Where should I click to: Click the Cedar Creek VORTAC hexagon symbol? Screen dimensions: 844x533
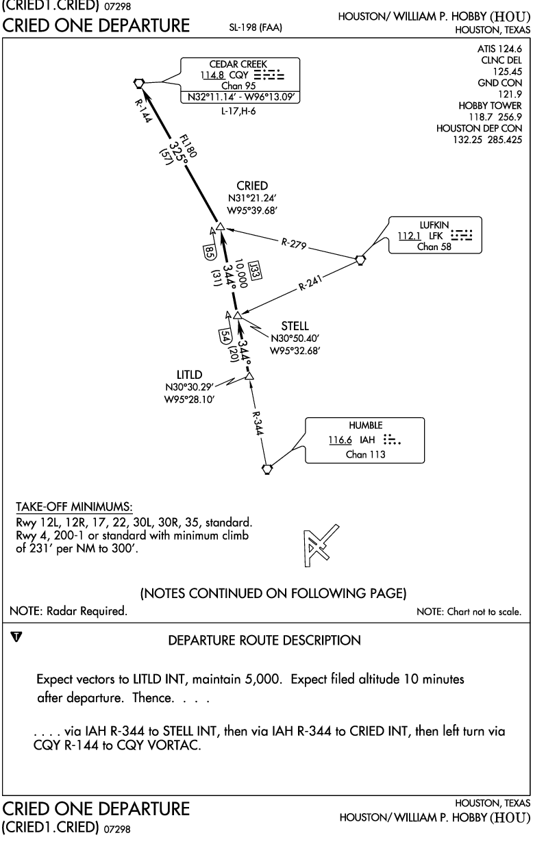pos(140,83)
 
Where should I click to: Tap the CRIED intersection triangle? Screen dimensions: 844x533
pos(220,227)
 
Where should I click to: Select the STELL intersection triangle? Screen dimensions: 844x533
pos(237,315)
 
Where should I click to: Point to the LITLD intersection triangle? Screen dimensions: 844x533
pos(249,376)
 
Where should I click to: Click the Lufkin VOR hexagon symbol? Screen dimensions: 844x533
pos(360,260)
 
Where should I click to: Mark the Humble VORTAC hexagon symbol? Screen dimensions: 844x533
pos(267,469)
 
